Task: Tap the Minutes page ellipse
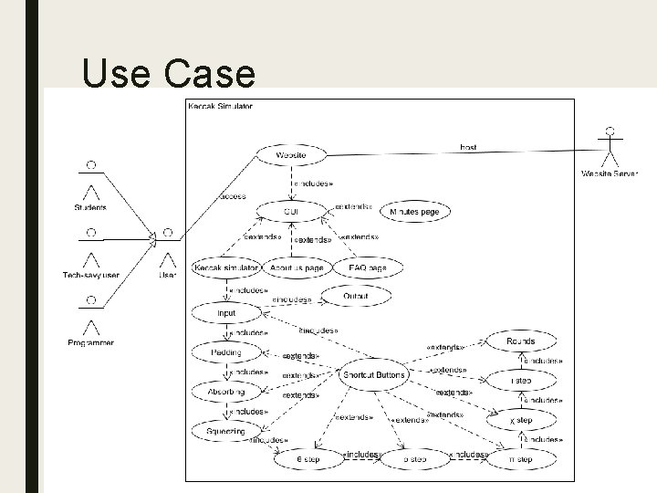click(x=414, y=212)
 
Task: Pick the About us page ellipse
click(x=297, y=268)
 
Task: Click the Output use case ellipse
click(x=355, y=296)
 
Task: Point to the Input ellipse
click(x=225, y=313)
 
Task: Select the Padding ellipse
click(x=225, y=352)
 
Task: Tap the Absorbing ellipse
click(x=225, y=392)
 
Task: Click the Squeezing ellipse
click(x=225, y=429)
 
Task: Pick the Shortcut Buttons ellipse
click(x=372, y=374)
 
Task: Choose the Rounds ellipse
click(x=520, y=341)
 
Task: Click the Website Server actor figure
click(x=610, y=147)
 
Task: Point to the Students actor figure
click(x=90, y=182)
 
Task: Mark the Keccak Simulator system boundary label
click(x=220, y=106)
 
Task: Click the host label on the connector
click(x=467, y=147)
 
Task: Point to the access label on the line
click(x=233, y=196)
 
